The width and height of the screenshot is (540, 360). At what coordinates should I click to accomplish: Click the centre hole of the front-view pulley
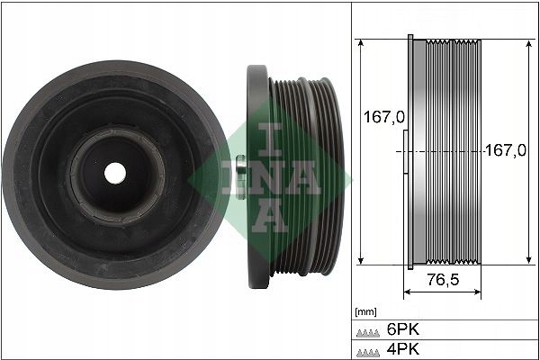click(x=114, y=170)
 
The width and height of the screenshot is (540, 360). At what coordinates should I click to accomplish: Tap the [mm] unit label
click(x=367, y=311)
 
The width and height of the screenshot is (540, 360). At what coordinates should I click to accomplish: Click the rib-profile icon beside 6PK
click(x=369, y=330)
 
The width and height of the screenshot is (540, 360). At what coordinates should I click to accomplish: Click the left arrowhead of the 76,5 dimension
click(x=407, y=293)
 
